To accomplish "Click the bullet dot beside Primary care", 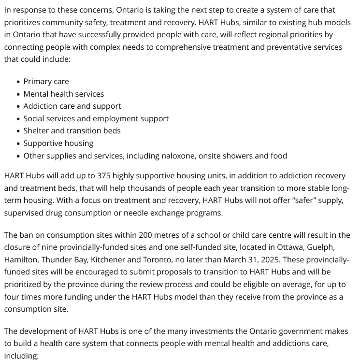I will [18, 82].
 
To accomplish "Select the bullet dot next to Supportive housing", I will [18, 144].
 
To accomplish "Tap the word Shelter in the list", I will [37, 131].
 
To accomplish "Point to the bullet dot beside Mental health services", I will [18, 94].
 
